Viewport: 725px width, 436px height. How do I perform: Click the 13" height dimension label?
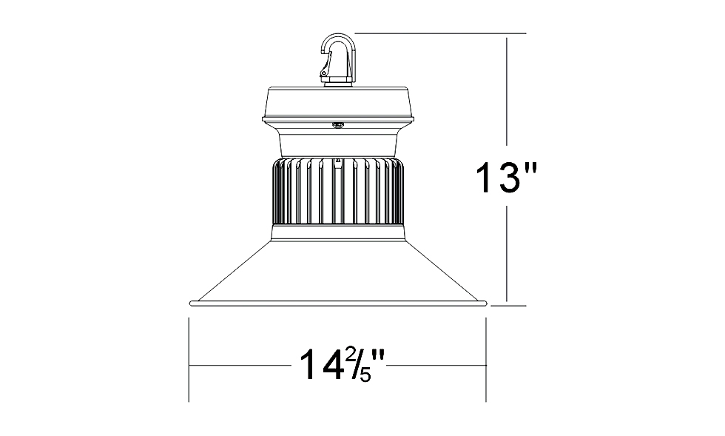pyautogui.click(x=506, y=177)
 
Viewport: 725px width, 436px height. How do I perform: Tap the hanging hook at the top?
pyautogui.click(x=339, y=60)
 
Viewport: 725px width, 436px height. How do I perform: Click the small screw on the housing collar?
pyautogui.click(x=337, y=124)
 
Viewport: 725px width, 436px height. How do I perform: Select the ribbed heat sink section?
pyautogui.click(x=338, y=191)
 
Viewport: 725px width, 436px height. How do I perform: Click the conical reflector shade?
pyautogui.click(x=338, y=269)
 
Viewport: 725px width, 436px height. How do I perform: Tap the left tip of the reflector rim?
pyautogui.click(x=190, y=303)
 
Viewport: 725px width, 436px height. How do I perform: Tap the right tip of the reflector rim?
pyautogui.click(x=487, y=303)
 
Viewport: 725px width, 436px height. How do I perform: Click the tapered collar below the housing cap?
pyautogui.click(x=338, y=140)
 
